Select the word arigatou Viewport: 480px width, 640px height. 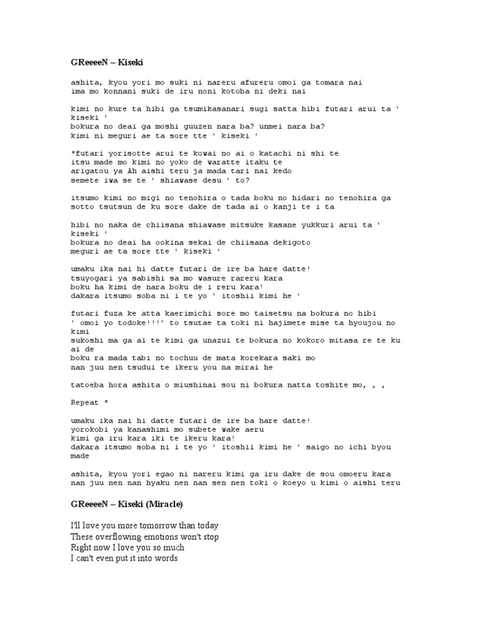pos(89,171)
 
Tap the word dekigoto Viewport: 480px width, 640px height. pos(274,241)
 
